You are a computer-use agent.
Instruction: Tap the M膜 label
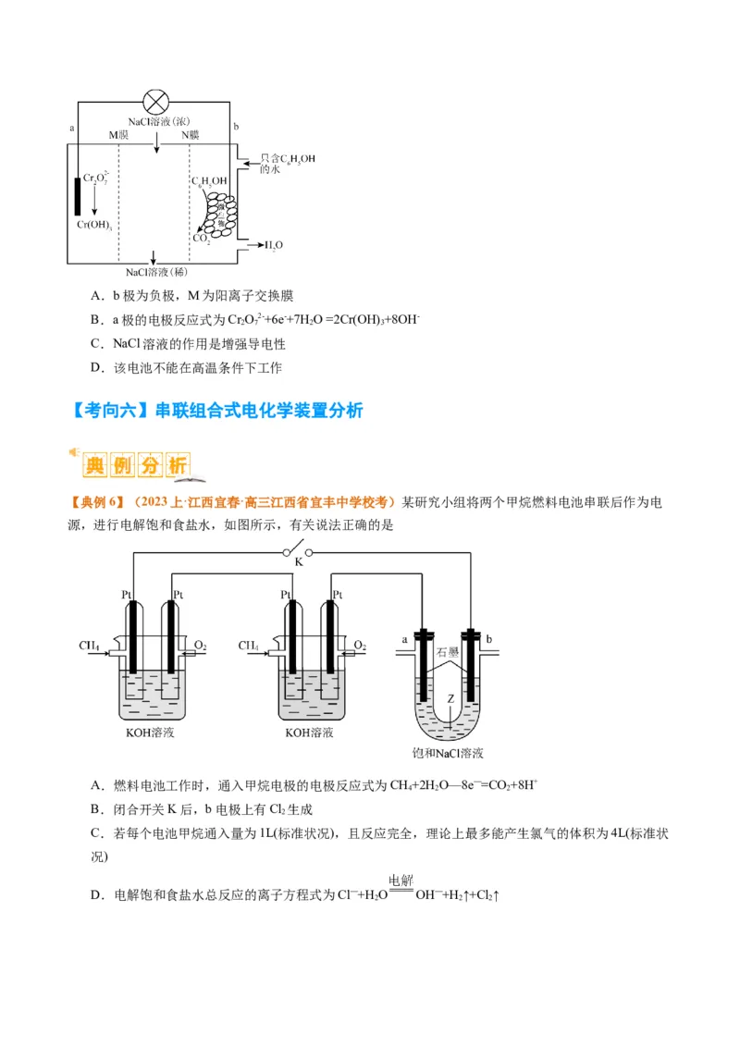(x=118, y=135)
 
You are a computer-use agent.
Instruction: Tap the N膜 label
(x=190, y=135)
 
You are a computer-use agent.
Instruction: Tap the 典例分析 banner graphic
(x=134, y=465)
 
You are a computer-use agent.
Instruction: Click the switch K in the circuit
(x=299, y=558)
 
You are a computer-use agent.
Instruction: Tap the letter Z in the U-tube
(x=450, y=698)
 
